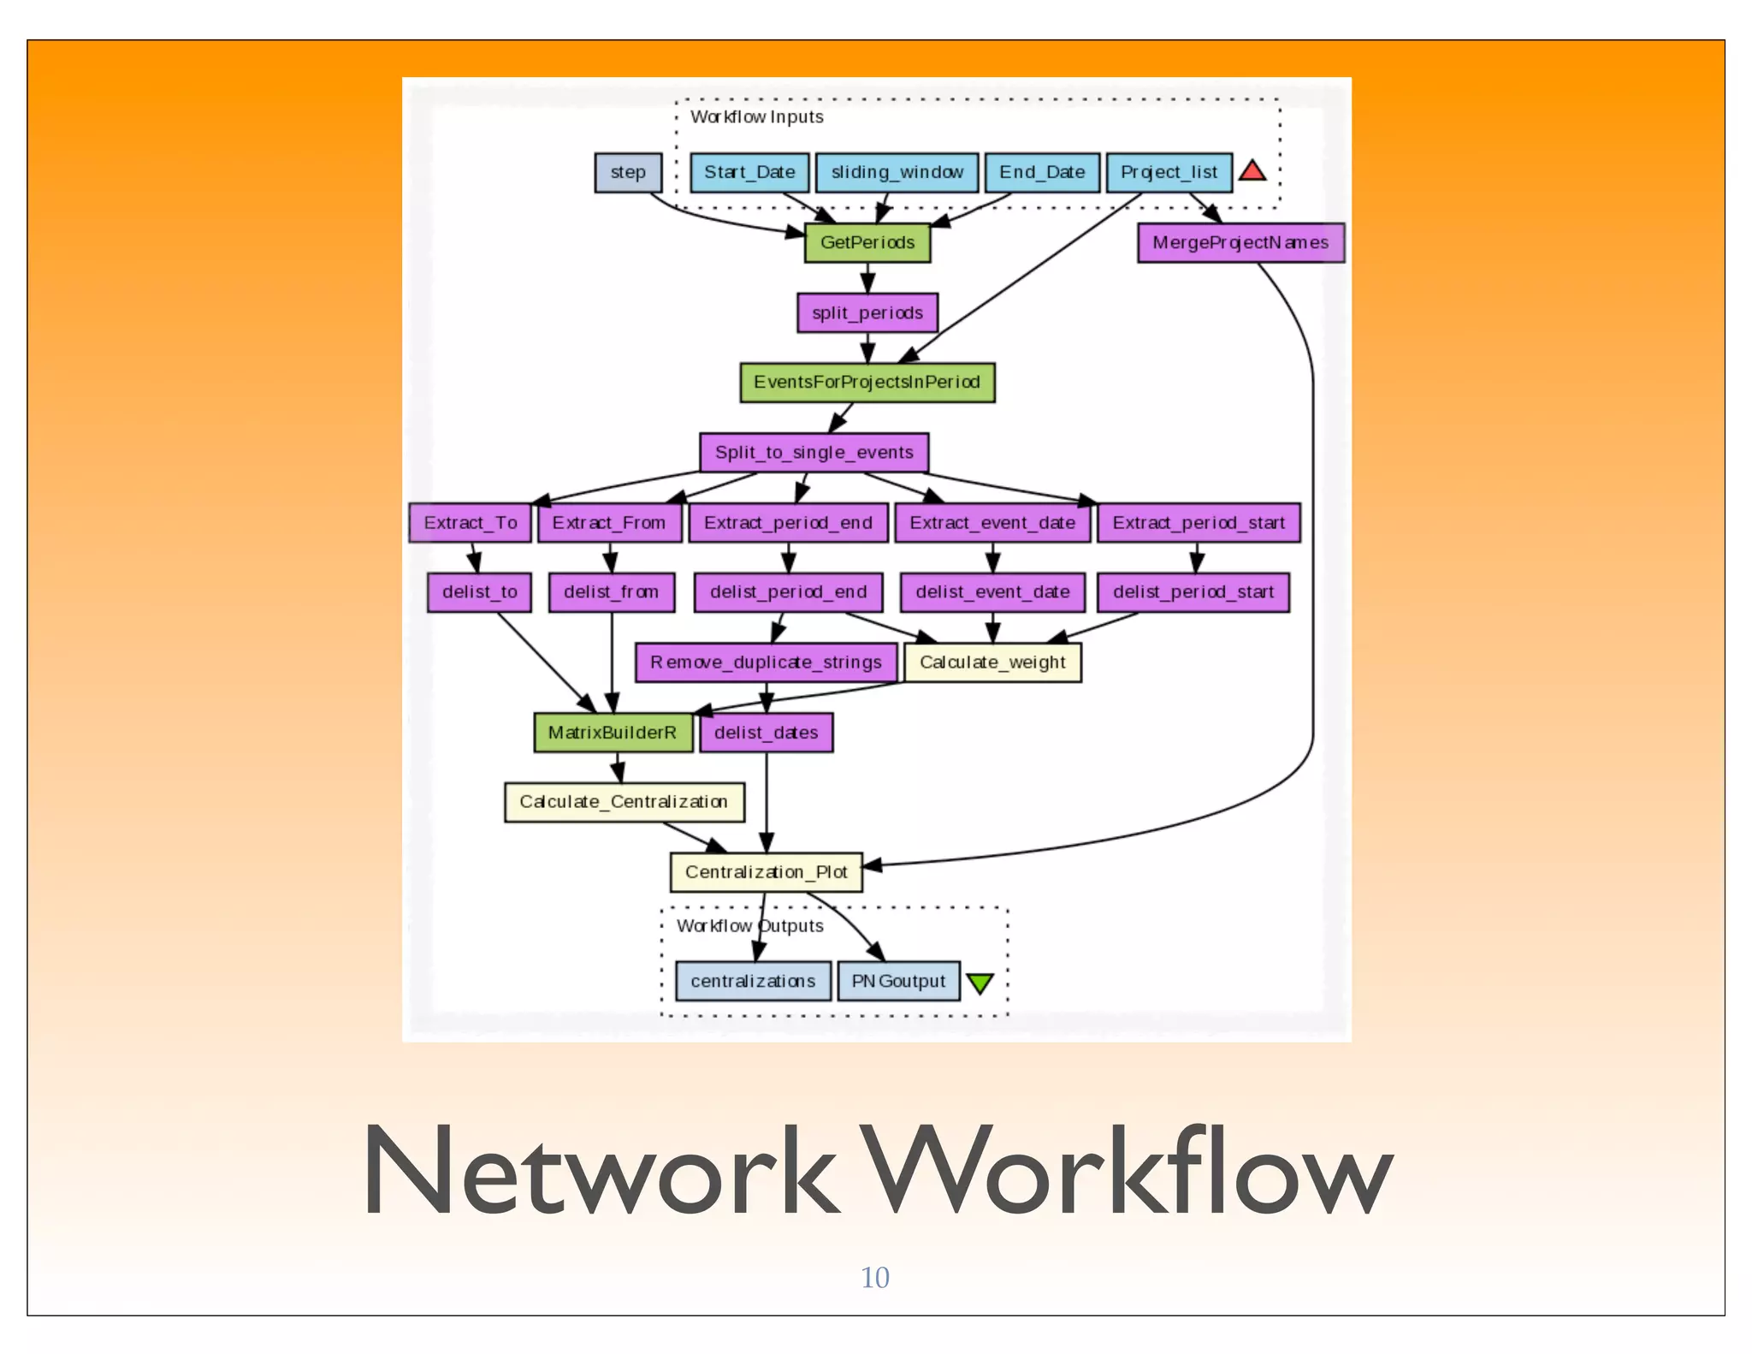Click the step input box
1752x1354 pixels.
[x=628, y=172]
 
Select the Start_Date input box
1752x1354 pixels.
[x=749, y=172]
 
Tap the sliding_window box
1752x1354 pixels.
[x=897, y=172]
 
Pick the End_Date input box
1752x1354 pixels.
[x=1041, y=172]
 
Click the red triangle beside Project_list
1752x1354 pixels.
[x=1252, y=171]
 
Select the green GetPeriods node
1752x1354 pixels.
[x=867, y=242]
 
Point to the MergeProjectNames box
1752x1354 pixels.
[x=1240, y=242]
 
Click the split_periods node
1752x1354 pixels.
[x=867, y=312]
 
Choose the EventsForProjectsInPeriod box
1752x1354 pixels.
[x=867, y=382]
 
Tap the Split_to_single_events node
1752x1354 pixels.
[x=814, y=452]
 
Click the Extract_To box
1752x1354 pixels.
[x=470, y=522]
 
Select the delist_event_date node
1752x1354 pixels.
[x=991, y=591]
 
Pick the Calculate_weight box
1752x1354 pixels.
[x=991, y=662]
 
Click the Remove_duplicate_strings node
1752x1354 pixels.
[x=765, y=662]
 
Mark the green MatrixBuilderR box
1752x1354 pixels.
[x=613, y=732]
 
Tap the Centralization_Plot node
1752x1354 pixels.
[x=765, y=871]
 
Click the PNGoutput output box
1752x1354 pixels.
[x=898, y=981]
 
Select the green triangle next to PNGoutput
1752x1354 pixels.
[x=980, y=983]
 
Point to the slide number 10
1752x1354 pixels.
[x=874, y=1277]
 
